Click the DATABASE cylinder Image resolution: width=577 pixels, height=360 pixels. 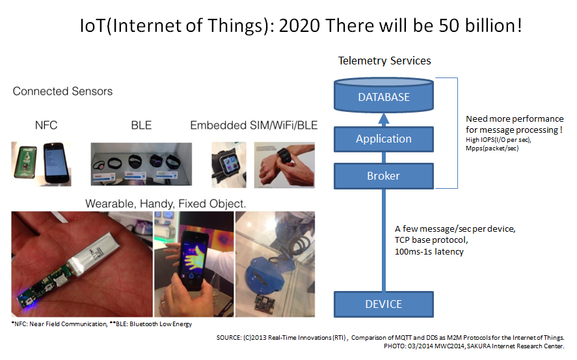(383, 95)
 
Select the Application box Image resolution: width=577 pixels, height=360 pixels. (383, 139)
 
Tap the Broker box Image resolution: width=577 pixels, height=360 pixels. (383, 176)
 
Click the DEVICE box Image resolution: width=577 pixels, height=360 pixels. (383, 305)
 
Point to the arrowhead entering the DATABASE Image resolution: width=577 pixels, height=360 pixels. (383, 118)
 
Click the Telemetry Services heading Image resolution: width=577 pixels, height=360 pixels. (384, 61)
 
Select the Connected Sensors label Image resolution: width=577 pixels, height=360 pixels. (62, 91)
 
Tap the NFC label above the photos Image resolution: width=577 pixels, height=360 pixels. (46, 125)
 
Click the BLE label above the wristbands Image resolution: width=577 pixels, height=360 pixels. (141, 125)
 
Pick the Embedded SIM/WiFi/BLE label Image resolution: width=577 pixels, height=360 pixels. (254, 125)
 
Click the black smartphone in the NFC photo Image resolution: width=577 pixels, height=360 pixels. (57, 163)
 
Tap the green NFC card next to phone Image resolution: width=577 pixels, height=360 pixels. (25, 162)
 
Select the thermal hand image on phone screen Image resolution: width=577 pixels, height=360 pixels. (194, 255)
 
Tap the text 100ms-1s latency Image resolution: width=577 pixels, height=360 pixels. (429, 252)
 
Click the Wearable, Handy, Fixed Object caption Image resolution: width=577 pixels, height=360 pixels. (166, 204)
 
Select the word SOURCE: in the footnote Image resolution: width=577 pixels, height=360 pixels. (228, 338)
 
